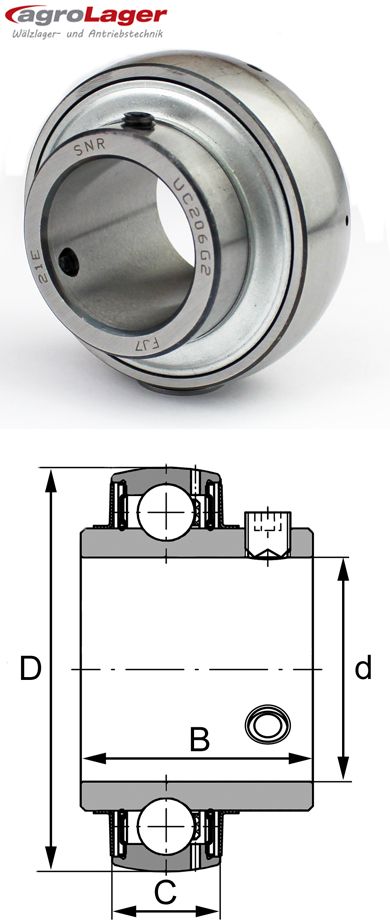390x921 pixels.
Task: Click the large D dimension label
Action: click(31, 668)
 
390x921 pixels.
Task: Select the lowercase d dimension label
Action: click(363, 667)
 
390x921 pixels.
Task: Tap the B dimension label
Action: click(200, 740)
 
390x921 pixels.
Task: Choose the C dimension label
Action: click(165, 890)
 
